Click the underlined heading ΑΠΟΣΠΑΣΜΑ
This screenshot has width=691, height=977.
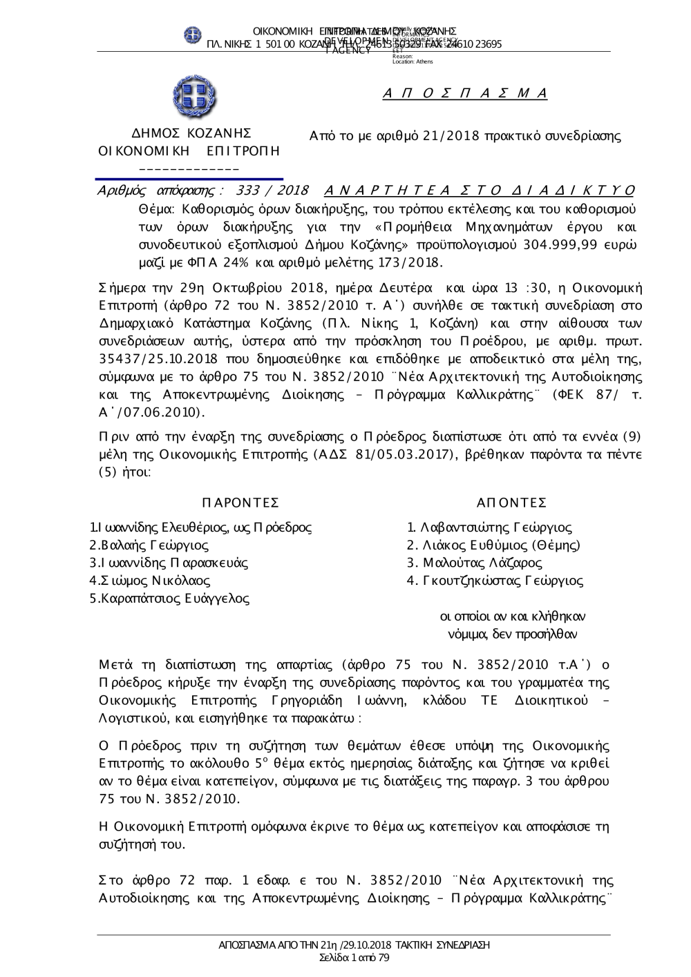coord(465,94)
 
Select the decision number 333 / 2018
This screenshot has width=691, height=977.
coord(272,191)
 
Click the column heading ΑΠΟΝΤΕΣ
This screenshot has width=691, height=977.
coord(511,502)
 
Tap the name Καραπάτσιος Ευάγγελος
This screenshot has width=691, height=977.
coord(170,599)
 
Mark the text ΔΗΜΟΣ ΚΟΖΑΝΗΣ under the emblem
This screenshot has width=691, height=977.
coord(191,133)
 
